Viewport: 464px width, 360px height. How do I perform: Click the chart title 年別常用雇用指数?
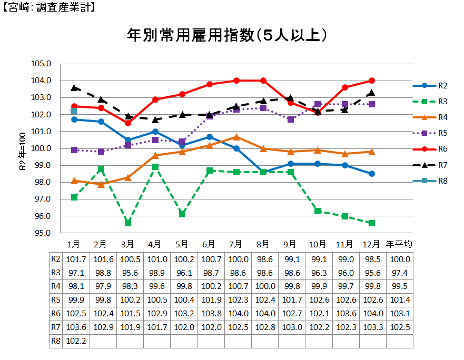(229, 36)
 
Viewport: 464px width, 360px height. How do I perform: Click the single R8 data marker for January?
(74, 111)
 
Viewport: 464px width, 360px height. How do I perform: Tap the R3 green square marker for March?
(128, 223)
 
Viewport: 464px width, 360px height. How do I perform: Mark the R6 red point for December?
(372, 81)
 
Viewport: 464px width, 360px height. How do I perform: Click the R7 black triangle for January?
(74, 87)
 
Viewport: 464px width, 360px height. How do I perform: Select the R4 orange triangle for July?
(236, 137)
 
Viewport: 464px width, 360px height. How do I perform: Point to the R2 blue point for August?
(263, 172)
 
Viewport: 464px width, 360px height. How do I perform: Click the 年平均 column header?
(399, 244)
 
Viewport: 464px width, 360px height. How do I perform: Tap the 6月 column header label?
(209, 244)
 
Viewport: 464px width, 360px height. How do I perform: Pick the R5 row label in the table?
(55, 300)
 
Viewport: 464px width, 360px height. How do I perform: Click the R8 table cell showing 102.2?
(74, 341)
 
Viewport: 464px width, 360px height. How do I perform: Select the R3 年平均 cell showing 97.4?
(399, 273)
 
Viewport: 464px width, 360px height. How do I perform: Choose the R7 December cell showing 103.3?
(372, 327)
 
